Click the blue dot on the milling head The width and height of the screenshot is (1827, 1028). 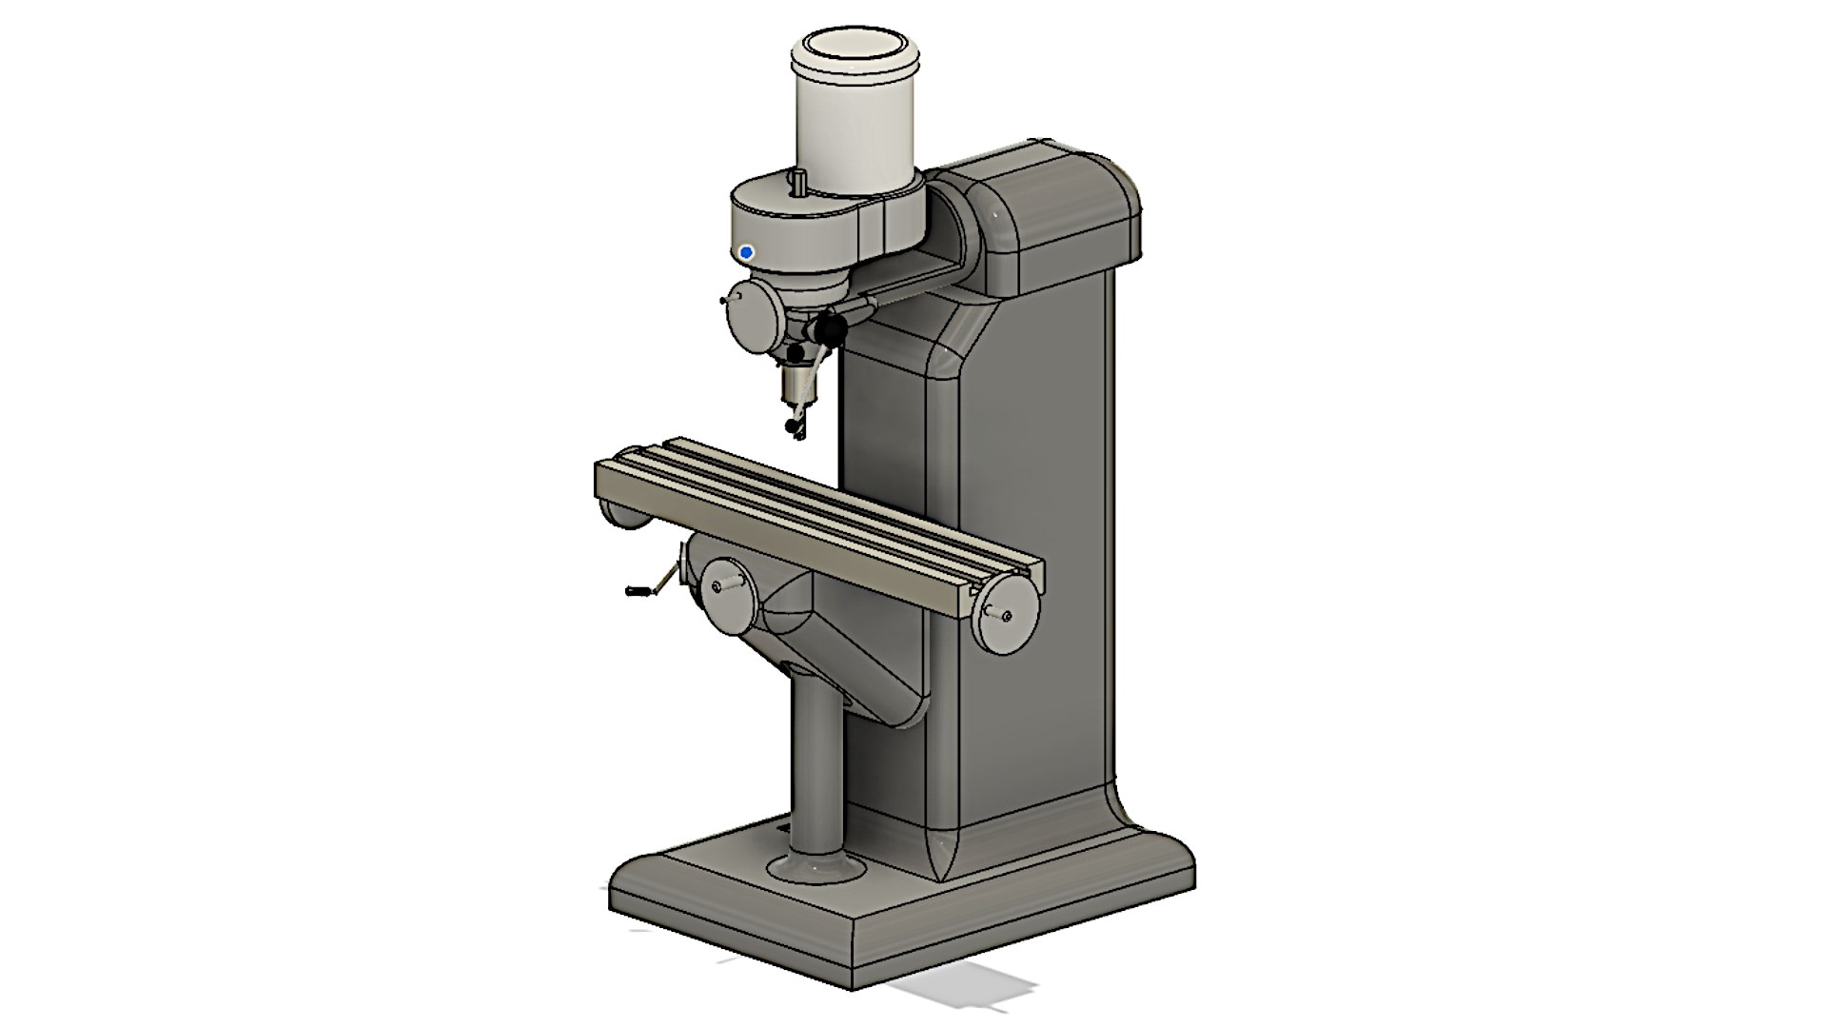point(746,252)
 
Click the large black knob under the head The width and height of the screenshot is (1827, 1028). point(830,329)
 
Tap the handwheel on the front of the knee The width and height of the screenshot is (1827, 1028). point(729,599)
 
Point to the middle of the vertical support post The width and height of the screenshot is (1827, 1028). point(817,761)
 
